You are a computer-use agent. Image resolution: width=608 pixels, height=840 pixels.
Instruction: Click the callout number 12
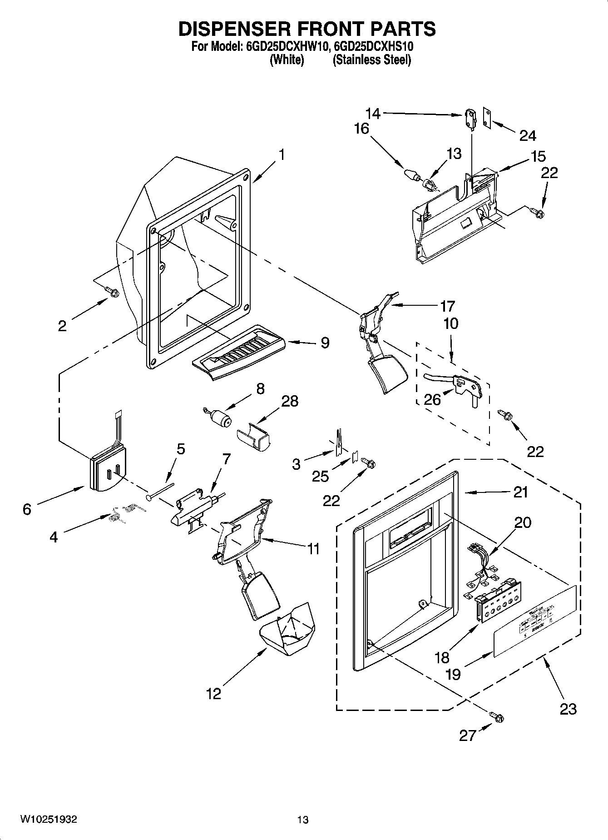coord(213,694)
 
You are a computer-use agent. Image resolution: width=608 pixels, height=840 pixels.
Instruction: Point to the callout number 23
coord(568,708)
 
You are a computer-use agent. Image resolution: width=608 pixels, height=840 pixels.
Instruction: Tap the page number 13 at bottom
coord(303,820)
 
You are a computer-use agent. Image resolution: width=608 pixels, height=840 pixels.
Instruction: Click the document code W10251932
coord(49,820)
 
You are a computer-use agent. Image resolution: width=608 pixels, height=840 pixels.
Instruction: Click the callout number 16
coord(361,129)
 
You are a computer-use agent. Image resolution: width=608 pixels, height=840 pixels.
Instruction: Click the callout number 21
coord(520,492)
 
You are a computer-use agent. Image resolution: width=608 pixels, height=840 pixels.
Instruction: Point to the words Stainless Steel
coord(372,60)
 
